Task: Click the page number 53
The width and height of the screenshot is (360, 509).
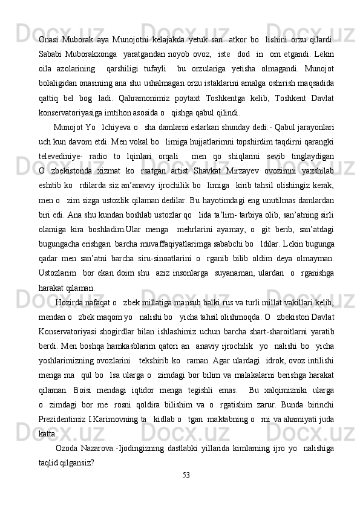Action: (186, 490)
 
